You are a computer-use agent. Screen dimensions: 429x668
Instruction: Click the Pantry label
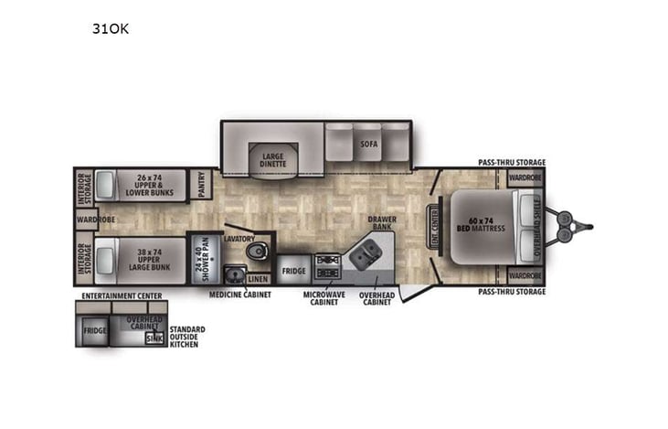pos(203,186)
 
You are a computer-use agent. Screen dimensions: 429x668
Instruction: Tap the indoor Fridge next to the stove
pos(292,272)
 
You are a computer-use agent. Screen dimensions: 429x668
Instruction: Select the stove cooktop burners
pos(327,265)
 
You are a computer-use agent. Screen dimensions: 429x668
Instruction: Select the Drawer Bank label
pos(381,224)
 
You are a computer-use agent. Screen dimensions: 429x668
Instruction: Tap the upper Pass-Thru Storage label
pos(512,163)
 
